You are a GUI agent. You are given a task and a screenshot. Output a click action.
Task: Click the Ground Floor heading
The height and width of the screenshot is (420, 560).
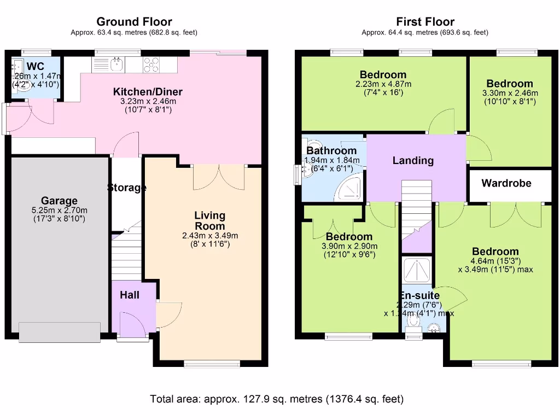pos(134,22)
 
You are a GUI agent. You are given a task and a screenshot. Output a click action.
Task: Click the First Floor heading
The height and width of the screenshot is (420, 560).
pos(425,22)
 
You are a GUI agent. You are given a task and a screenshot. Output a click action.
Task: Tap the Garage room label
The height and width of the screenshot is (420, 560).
pos(59,201)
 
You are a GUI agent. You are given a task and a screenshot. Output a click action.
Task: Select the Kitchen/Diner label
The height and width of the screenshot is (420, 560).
pos(148,91)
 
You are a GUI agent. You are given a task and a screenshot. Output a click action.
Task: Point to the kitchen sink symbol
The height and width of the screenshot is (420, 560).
pos(116,65)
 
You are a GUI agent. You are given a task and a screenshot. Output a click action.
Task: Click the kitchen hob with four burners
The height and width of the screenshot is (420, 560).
pos(151,65)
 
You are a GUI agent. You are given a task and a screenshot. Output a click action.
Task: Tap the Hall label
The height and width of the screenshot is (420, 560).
pos(130,295)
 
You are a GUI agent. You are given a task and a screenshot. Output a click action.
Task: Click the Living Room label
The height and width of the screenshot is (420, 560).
pos(209,221)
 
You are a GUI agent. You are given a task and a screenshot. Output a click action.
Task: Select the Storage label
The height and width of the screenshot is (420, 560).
pos(126,188)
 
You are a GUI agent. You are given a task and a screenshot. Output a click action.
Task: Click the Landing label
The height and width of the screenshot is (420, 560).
pos(413,161)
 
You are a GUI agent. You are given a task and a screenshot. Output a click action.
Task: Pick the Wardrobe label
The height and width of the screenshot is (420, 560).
pos(506,183)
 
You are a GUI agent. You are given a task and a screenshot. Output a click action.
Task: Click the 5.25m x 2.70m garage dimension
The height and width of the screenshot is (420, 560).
pos(59,211)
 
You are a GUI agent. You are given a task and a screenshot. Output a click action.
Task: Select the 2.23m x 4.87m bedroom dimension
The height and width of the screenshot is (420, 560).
pos(383,84)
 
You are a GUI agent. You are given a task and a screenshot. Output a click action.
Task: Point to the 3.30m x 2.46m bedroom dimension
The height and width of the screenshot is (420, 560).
pos(510,93)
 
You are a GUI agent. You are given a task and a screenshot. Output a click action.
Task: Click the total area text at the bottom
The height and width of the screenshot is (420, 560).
pos(277,399)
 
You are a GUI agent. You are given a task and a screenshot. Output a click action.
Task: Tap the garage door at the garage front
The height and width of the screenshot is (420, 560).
pos(59,332)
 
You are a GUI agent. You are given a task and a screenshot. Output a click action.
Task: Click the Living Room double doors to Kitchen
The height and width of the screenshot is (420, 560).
pos(219,176)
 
